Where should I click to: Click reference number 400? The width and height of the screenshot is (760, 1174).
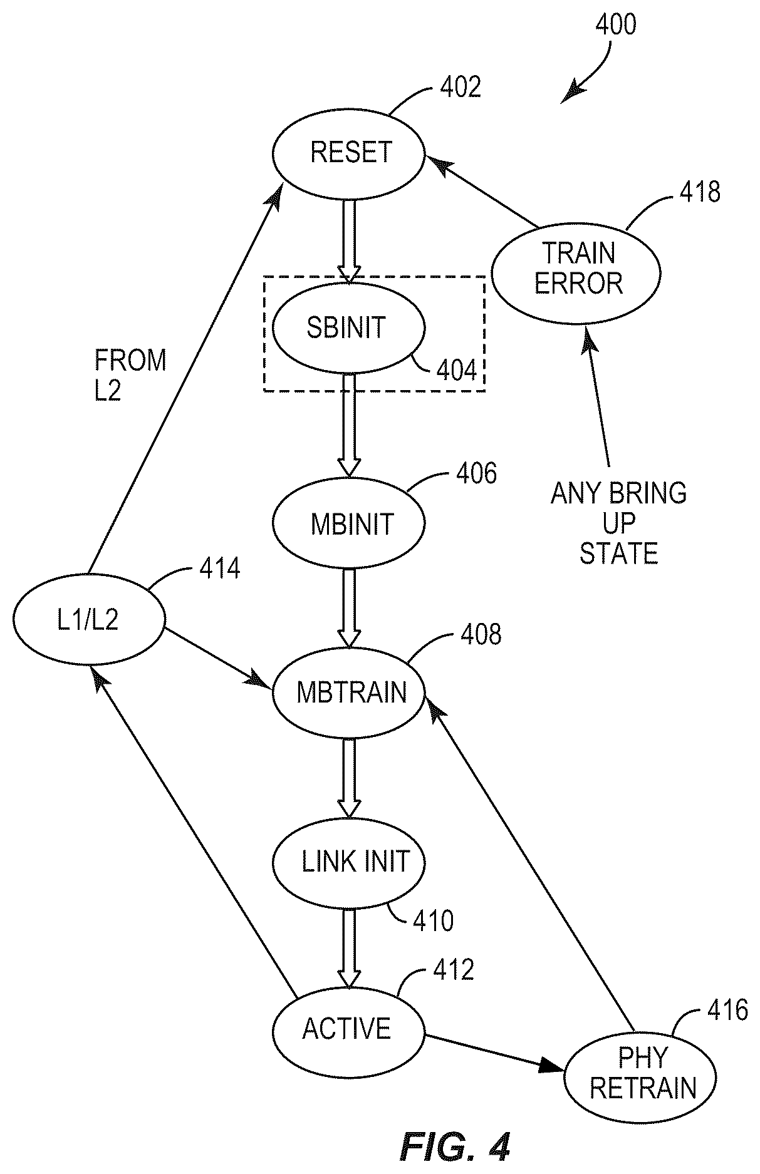pyautogui.click(x=615, y=25)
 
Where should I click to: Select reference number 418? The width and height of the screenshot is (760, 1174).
pyautogui.click(x=700, y=192)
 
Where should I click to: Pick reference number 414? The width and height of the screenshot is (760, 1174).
pyautogui.click(x=220, y=569)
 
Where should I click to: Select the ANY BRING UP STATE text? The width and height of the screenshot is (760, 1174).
pyautogui.click(x=618, y=523)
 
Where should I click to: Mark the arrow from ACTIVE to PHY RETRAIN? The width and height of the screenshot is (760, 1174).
pyautogui.click(x=496, y=1053)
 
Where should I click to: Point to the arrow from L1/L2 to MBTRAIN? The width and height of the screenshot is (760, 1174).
pyautogui.click(x=219, y=656)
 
